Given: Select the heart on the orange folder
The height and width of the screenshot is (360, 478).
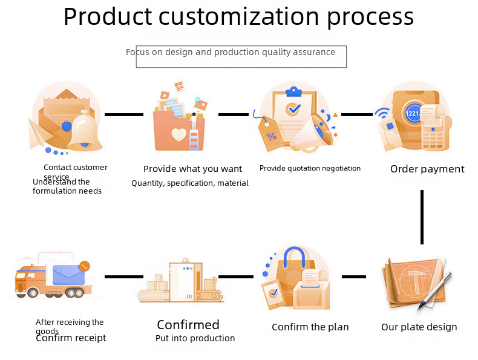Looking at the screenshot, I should (x=179, y=134).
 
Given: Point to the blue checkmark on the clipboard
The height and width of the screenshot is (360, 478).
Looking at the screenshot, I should (x=293, y=110).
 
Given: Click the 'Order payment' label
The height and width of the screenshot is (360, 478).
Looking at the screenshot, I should (x=427, y=169).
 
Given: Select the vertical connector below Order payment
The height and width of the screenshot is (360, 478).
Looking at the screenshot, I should (x=422, y=217).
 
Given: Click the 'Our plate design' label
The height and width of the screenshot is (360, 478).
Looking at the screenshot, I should (x=419, y=327).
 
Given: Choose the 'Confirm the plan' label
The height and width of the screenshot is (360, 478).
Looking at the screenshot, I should (x=310, y=327).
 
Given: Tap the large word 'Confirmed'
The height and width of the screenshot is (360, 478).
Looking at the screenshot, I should (x=188, y=325).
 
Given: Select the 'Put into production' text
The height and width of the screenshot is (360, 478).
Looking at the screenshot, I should (x=195, y=339).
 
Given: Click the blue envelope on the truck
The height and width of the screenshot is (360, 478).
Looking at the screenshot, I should (x=68, y=275).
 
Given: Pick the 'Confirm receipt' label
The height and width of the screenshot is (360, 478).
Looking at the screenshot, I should (x=71, y=338).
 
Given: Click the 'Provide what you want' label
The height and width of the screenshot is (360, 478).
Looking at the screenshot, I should (x=192, y=169).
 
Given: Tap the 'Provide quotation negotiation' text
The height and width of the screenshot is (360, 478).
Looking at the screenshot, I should (x=310, y=168).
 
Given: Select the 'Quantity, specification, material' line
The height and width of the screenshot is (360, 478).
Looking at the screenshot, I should (x=190, y=183).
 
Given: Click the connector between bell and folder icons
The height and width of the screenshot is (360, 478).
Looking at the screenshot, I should (x=124, y=114).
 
